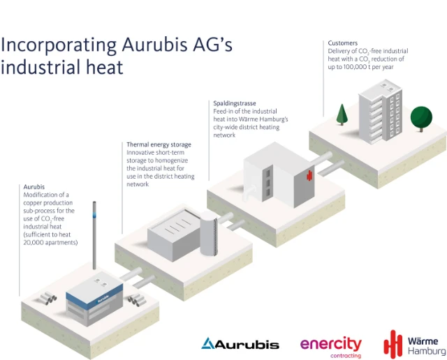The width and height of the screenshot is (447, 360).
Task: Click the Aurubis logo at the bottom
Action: coord(240,344)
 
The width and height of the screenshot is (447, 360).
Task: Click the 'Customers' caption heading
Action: coord(343,43)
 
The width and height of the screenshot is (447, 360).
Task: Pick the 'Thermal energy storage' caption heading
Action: coord(159,144)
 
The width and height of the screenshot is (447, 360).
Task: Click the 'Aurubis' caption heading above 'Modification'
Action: coord(34,187)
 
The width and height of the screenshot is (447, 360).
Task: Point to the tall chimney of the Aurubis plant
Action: coord(94,237)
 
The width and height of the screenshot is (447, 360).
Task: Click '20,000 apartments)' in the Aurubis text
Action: coord(51,243)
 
